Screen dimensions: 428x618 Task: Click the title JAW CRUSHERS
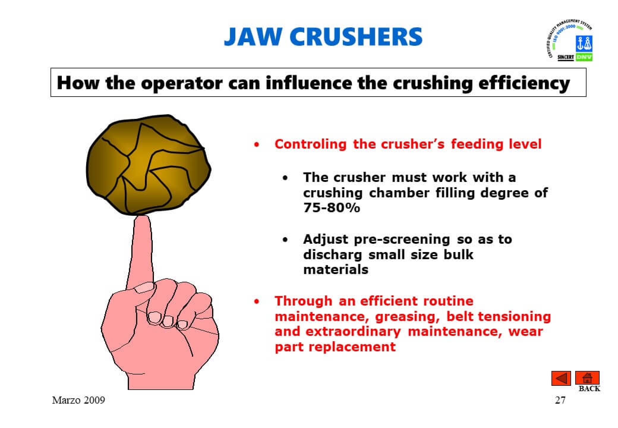coord(323,37)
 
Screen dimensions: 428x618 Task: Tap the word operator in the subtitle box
coord(181,83)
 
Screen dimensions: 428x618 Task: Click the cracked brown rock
coord(149,165)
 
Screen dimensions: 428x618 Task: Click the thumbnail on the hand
coord(144,288)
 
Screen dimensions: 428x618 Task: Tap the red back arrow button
coord(561,378)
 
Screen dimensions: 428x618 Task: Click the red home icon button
coord(587,378)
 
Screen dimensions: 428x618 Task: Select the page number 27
coord(560,400)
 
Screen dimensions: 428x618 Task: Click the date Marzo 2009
coord(78,400)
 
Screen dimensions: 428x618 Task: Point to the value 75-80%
coord(332,207)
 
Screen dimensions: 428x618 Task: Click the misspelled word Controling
coord(310,144)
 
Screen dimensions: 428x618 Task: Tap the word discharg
coord(332,255)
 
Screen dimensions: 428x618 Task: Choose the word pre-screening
coord(402,240)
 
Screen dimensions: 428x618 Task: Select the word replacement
coord(352,347)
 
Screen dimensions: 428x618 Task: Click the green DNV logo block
coord(584,57)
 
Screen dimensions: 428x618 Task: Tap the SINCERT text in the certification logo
coord(566,57)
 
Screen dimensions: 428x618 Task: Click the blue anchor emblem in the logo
coord(584,44)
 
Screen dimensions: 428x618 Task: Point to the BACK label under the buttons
coord(589,388)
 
